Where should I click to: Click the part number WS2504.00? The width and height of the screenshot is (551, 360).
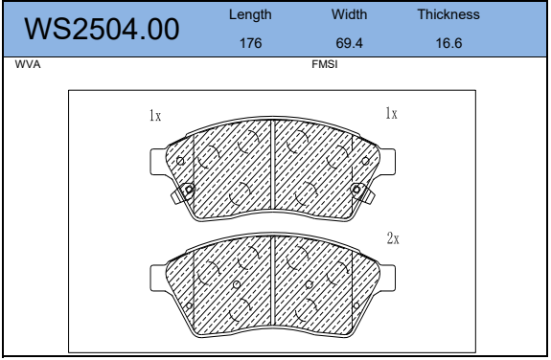(102, 30)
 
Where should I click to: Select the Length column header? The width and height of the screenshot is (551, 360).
(250, 14)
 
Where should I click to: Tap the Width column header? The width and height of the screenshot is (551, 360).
(350, 14)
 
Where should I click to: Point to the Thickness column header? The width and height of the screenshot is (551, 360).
(448, 14)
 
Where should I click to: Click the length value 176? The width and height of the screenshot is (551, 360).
(250, 43)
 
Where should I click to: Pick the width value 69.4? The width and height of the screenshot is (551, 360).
(350, 43)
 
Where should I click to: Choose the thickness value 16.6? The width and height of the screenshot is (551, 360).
(448, 43)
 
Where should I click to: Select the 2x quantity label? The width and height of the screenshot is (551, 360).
(392, 237)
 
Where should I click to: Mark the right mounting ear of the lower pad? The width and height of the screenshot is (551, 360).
(388, 278)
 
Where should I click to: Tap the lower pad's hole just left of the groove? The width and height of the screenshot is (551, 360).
(237, 284)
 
